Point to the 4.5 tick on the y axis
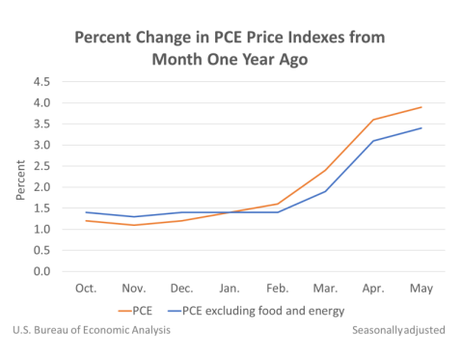[41, 82]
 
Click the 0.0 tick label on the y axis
[41, 271]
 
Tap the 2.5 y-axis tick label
[41, 166]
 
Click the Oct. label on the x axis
[87, 288]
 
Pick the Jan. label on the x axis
[230, 288]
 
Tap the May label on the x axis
[421, 288]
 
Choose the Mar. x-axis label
[326, 288]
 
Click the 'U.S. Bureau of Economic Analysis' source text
[92, 330]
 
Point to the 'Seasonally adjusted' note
[398, 330]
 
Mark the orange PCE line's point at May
[421, 107]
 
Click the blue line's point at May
[421, 128]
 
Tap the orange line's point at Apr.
[374, 120]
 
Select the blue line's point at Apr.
[374, 141]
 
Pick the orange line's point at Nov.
[135, 225]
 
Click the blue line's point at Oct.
[87, 212]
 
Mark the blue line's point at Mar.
[326, 191]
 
